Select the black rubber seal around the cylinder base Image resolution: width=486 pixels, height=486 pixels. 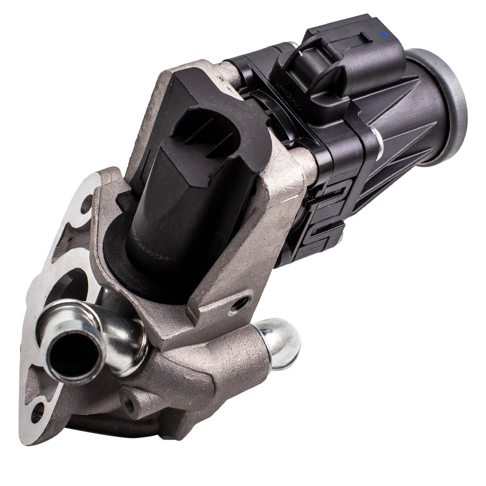click(x=121, y=253)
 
